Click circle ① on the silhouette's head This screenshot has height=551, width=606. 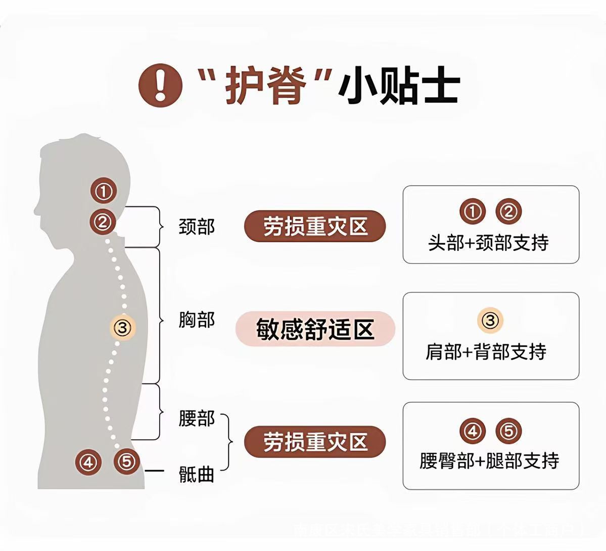point(104,191)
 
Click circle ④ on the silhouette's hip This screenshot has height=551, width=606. point(88,461)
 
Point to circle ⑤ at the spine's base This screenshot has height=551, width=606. point(126,461)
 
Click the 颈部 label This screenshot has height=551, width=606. point(197,227)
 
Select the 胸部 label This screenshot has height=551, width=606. point(197,320)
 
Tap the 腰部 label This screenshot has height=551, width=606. point(197,418)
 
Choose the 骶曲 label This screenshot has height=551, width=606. point(197,474)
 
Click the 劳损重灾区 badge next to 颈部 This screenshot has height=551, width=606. point(315,226)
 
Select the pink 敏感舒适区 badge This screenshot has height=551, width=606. point(315,329)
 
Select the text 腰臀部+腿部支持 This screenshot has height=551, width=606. point(489,461)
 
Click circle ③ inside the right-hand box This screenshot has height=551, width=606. point(490,320)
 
